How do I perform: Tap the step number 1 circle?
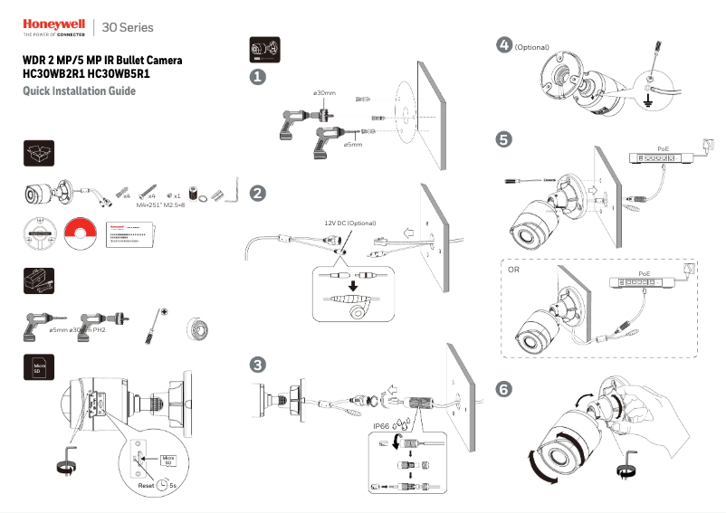click(x=258, y=79)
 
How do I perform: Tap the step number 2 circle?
click(x=258, y=193)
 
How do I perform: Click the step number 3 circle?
click(x=258, y=365)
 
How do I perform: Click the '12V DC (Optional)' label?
click(x=349, y=223)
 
